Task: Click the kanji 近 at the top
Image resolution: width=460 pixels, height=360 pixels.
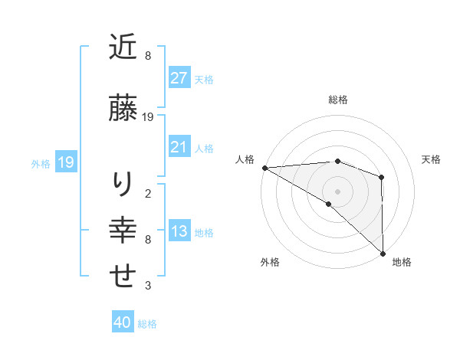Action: click(123, 48)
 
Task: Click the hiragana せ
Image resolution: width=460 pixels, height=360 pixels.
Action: click(123, 277)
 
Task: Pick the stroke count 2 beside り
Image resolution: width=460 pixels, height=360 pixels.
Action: click(148, 193)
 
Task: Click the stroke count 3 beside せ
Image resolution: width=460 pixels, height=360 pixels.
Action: click(148, 286)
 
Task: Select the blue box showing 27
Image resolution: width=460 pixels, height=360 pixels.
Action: click(179, 78)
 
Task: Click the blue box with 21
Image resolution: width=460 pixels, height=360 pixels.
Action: click(179, 147)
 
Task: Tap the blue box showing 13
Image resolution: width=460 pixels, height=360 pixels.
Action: click(179, 231)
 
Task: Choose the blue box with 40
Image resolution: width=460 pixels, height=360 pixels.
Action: click(123, 323)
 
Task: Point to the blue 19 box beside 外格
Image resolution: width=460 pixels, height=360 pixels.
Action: click(65, 162)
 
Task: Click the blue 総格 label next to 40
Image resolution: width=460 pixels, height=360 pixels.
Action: click(148, 324)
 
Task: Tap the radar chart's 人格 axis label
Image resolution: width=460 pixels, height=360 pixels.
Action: click(245, 159)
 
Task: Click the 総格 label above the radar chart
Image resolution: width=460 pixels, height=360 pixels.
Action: click(337, 100)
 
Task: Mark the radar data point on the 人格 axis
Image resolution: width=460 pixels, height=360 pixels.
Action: click(264, 168)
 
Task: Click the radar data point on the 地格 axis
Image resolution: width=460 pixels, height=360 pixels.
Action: click(383, 253)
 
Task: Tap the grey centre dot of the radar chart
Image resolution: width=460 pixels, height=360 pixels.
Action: click(337, 191)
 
